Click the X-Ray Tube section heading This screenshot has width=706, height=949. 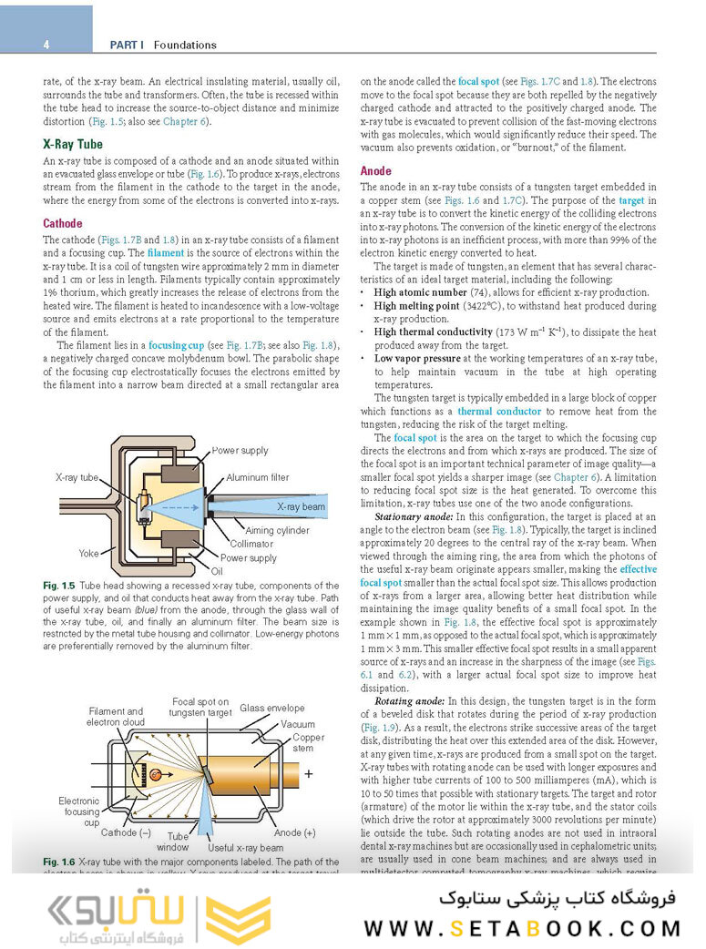[x=73, y=144]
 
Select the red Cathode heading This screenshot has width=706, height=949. [x=63, y=223]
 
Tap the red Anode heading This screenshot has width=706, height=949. [x=376, y=170]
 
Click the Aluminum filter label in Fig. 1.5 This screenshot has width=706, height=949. [x=258, y=477]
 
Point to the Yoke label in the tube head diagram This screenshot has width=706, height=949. [x=88, y=552]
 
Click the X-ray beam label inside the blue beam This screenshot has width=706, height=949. [x=302, y=506]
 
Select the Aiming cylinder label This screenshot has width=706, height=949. [x=277, y=530]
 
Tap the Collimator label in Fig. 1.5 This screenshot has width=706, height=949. [x=251, y=544]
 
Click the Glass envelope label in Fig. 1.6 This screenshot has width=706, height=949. [x=272, y=708]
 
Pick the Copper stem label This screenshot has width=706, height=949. [x=308, y=743]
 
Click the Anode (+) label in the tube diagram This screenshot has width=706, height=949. [x=294, y=832]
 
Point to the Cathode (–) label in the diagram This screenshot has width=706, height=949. [x=126, y=832]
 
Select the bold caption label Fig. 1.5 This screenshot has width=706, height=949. [x=58, y=584]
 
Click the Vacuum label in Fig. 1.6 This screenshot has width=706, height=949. [x=298, y=724]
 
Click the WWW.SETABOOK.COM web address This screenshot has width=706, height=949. [x=522, y=928]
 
